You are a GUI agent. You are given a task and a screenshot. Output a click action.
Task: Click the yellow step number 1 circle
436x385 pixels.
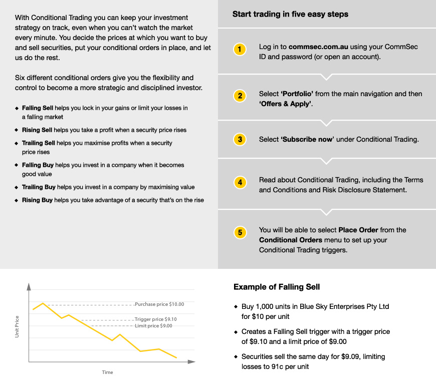[x=240, y=49]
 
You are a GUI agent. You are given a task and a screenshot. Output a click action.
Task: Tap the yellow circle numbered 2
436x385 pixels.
[x=240, y=96]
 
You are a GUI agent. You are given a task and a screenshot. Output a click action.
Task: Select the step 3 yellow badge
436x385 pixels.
[x=240, y=139]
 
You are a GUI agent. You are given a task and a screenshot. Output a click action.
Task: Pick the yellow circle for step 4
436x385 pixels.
[x=240, y=183]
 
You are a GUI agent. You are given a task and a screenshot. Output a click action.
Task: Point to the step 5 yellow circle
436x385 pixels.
[x=240, y=232]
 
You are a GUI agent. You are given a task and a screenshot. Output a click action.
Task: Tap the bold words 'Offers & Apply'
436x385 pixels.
[x=285, y=104]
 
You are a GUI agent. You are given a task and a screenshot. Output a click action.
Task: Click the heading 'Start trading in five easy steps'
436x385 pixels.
[x=290, y=15]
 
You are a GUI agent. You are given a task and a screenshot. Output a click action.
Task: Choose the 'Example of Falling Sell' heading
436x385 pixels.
[x=277, y=287]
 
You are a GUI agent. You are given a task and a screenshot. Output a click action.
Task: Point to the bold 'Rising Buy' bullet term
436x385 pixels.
[x=38, y=200]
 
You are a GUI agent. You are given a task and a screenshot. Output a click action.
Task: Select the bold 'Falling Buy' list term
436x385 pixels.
[x=38, y=165]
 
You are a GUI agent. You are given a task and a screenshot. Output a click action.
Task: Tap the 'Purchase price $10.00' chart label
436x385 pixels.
[x=159, y=304]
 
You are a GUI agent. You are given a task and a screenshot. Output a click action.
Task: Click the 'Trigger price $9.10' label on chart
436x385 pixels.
[x=156, y=319]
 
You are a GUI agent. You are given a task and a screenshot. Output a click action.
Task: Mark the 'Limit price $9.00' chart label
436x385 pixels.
[x=153, y=326]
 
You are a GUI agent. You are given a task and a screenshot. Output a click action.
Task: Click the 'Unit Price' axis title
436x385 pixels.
[x=17, y=326]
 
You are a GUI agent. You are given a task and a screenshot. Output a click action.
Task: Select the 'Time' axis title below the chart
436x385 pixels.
[x=108, y=372]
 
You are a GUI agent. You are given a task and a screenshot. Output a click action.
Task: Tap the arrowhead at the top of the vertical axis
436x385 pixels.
[x=29, y=287]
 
